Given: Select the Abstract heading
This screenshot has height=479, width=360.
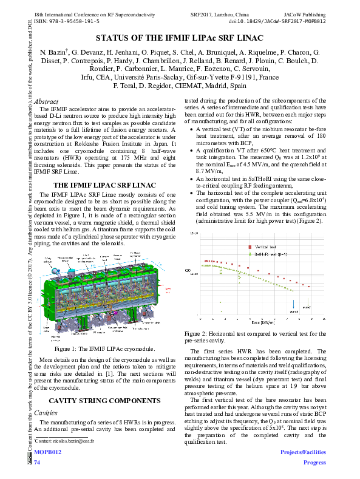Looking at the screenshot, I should click(x=47, y=101).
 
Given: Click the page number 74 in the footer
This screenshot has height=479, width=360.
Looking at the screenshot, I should click(x=37, y=463).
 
